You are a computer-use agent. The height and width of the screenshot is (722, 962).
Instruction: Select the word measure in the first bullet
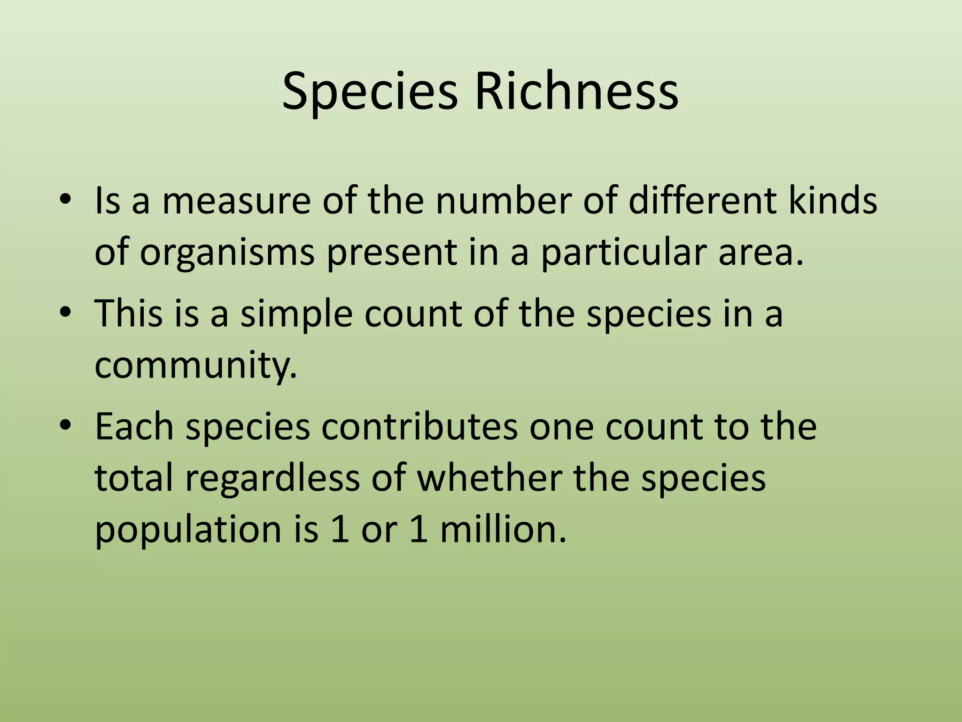(236, 201)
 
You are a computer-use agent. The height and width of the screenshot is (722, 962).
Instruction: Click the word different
(702, 201)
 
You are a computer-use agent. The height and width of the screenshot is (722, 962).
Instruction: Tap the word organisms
(227, 252)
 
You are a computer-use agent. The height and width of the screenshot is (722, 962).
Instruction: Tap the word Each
(134, 426)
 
